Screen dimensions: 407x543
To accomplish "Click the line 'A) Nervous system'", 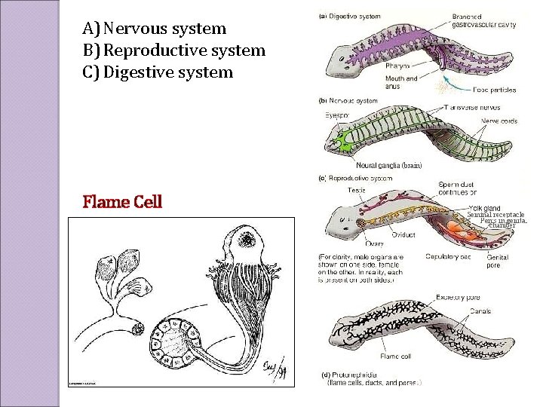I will coord(155,29).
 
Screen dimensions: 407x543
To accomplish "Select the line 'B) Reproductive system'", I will coord(174,50).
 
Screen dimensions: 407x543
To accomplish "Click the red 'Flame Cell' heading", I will coord(122,202).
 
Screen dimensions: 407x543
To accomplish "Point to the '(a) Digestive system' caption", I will coord(350,15).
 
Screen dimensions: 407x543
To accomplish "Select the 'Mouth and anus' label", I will coord(401,81).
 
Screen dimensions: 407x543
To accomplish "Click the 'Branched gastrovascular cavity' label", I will coord(483,20).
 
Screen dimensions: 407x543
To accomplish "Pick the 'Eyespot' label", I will coord(338,115).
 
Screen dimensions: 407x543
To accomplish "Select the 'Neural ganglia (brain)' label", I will coord(388,165).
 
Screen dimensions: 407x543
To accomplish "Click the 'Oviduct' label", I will coord(403,234).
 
